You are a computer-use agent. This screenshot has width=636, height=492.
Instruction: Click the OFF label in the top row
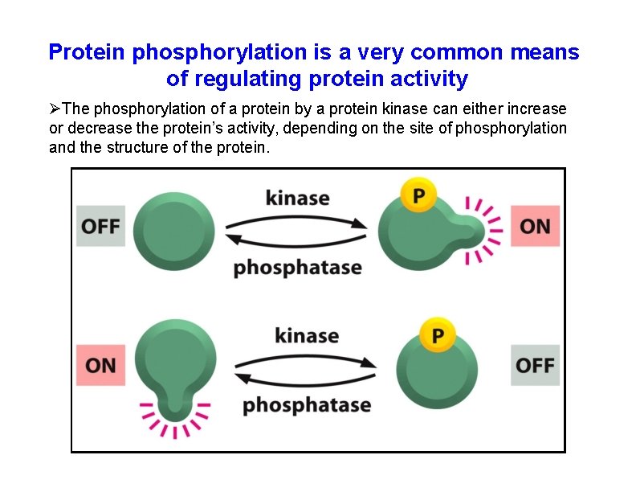(x=100, y=226)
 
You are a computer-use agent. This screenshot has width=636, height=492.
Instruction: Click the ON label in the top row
(x=535, y=226)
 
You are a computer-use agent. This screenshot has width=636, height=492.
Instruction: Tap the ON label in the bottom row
(x=100, y=365)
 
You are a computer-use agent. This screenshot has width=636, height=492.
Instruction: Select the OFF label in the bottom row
(x=535, y=365)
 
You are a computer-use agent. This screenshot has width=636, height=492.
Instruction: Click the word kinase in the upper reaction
(x=297, y=196)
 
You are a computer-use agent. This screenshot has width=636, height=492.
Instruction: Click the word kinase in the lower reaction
(x=307, y=334)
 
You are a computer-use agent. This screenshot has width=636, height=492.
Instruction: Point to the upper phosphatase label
(x=297, y=267)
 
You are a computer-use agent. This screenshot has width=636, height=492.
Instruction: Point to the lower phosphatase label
(x=307, y=404)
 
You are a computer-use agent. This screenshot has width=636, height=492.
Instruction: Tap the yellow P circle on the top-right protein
(x=418, y=195)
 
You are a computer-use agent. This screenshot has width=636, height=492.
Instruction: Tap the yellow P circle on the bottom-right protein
(x=438, y=334)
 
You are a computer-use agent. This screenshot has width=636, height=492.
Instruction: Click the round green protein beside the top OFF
(x=174, y=226)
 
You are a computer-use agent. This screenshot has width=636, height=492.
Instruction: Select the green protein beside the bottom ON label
(x=175, y=362)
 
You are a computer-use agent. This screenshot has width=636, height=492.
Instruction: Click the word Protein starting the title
(x=88, y=53)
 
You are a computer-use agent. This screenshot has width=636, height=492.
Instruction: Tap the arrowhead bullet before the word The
(x=55, y=109)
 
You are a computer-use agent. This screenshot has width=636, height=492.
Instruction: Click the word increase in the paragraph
(x=540, y=109)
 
